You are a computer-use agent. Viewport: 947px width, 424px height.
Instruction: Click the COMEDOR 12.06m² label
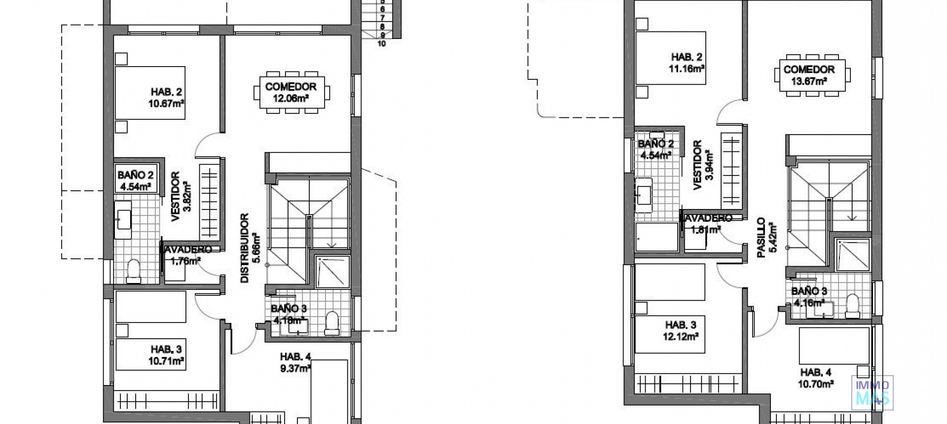click(291, 92)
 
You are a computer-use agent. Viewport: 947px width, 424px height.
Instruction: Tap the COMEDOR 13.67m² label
click(809, 75)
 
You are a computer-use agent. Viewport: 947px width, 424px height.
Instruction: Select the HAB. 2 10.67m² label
click(167, 98)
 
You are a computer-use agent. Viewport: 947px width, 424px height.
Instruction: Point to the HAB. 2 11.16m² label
click(686, 63)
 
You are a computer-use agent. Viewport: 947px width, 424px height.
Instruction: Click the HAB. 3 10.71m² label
click(167, 355)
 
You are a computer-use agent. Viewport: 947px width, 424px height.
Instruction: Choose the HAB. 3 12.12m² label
click(681, 331)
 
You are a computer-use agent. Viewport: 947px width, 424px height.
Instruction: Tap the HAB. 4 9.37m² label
click(295, 362)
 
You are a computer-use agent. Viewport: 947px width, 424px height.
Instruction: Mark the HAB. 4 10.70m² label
click(816, 378)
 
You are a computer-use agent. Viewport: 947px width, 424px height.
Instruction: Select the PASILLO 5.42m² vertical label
click(767, 238)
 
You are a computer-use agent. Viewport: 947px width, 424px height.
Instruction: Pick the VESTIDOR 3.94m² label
click(702, 165)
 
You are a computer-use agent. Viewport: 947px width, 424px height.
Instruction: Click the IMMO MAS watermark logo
click(872, 392)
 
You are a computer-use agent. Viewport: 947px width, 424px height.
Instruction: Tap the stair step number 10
click(381, 43)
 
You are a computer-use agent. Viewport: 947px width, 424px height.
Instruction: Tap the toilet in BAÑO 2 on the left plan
click(133, 272)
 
